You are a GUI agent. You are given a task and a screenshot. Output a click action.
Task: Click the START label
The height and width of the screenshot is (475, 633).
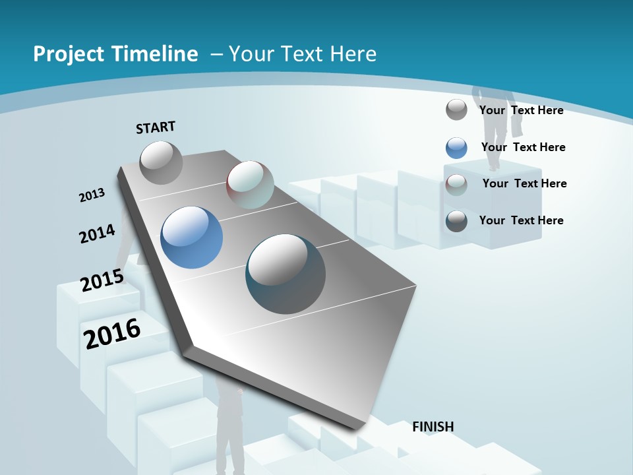pyautogui.click(x=156, y=127)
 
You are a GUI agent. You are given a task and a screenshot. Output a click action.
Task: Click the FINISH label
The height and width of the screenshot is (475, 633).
pyautogui.click(x=433, y=427)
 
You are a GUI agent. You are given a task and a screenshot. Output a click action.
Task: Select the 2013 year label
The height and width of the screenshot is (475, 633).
pyautogui.click(x=92, y=195)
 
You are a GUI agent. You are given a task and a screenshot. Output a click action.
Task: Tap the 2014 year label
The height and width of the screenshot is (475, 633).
pyautogui.click(x=97, y=234)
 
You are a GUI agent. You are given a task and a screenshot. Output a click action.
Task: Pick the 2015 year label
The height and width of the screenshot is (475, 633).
pyautogui.click(x=102, y=280)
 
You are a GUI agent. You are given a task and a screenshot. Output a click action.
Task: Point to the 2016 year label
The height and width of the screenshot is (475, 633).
pyautogui.click(x=112, y=333)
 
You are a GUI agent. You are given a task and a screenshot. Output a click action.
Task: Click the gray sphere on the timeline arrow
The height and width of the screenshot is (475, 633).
pyautogui.click(x=161, y=162)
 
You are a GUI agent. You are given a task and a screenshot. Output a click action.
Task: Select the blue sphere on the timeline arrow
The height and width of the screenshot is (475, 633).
pyautogui.click(x=191, y=237)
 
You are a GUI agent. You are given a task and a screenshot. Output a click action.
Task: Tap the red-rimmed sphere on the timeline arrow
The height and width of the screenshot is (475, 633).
pyautogui.click(x=250, y=185)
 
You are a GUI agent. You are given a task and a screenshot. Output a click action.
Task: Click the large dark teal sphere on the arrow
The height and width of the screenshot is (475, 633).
pyautogui.click(x=286, y=274)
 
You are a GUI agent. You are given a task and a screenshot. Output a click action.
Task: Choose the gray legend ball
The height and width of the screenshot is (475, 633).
pyautogui.click(x=456, y=110)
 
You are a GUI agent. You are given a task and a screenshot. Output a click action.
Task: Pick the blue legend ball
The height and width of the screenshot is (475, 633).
pyautogui.click(x=456, y=148)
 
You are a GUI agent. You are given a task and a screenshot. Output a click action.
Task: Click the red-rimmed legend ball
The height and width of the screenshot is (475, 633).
pyautogui.click(x=456, y=184)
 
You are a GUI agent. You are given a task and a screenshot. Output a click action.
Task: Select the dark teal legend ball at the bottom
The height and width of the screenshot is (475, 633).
pyautogui.click(x=456, y=221)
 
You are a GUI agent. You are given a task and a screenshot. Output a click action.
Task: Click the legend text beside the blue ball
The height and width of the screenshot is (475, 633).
pyautogui.click(x=523, y=147)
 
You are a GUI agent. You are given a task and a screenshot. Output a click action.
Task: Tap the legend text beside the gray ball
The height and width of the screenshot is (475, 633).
pyautogui.click(x=521, y=110)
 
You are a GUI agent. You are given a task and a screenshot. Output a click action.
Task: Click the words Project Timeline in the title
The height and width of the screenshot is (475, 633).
pyautogui.click(x=115, y=54)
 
